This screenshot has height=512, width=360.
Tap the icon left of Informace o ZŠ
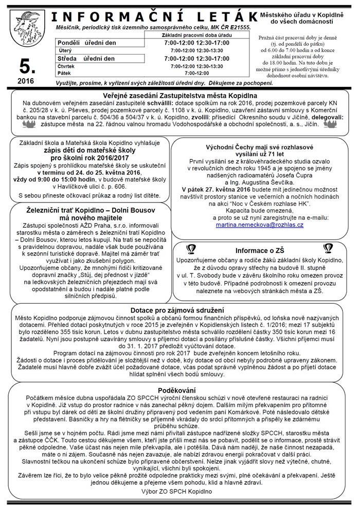coord(191,249)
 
